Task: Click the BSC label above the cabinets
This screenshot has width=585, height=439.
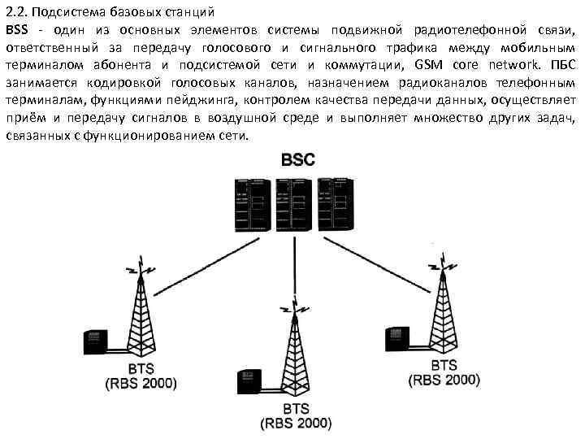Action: (298, 159)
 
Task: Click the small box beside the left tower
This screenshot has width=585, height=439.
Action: (95, 342)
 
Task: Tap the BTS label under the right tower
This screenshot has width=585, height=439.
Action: (444, 365)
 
